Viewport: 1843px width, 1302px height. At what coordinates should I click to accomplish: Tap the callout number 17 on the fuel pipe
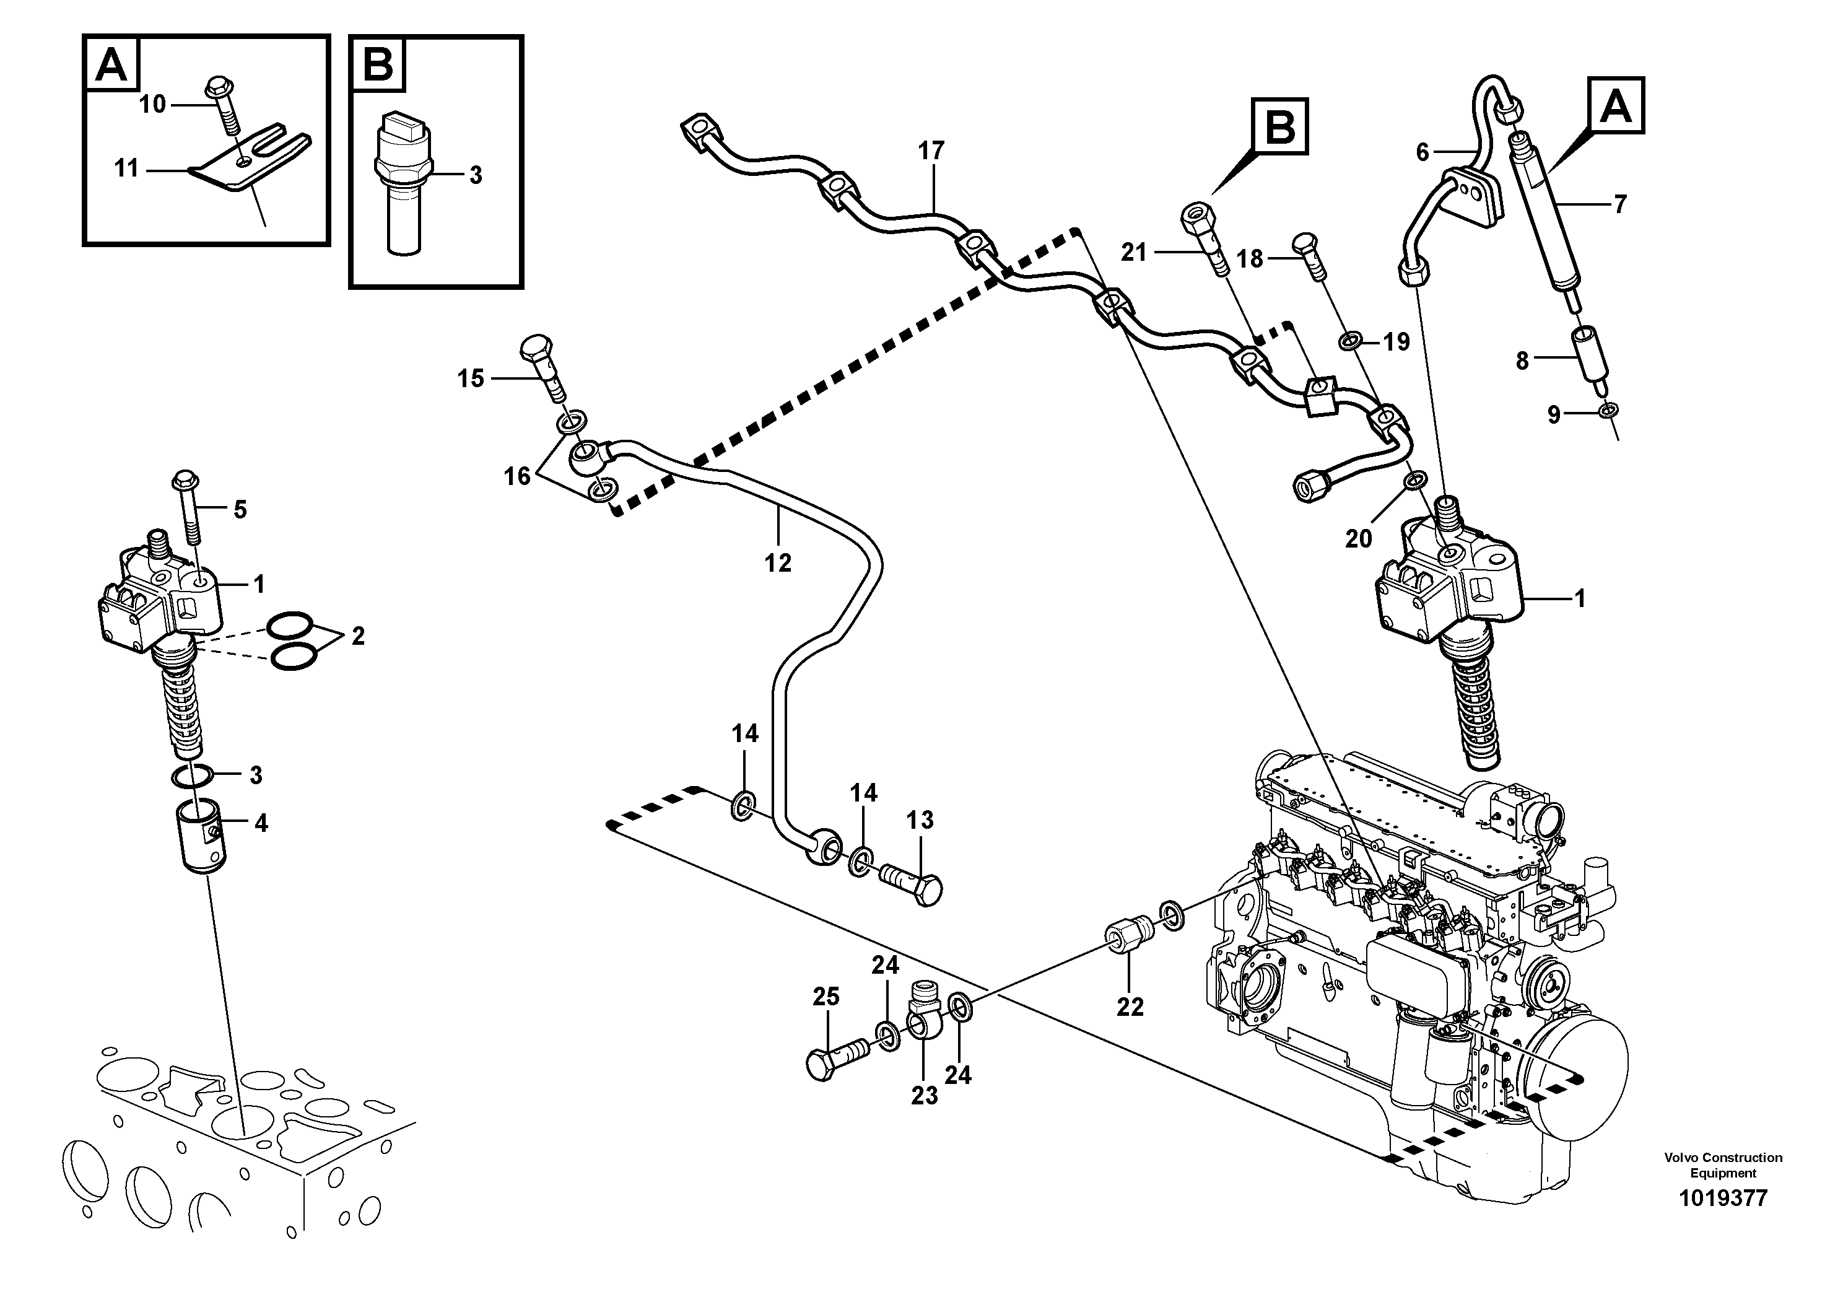tap(931, 151)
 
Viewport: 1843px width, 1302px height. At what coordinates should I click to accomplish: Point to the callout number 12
tap(778, 564)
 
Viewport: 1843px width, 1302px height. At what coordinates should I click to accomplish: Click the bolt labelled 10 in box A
tap(223, 103)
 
